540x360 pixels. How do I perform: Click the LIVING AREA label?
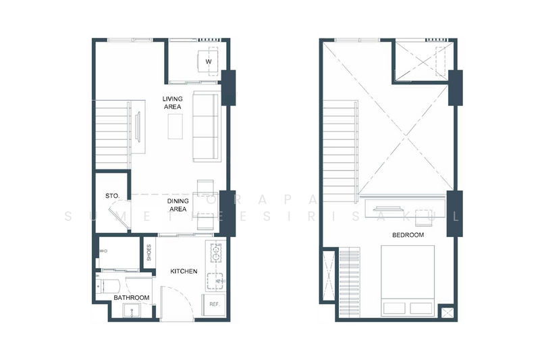click(x=172, y=102)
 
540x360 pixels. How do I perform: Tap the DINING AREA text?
click(x=177, y=205)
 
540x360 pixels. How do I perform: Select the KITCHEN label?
click(x=184, y=272)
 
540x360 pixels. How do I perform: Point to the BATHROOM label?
click(x=131, y=297)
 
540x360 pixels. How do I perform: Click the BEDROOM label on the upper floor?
click(x=408, y=235)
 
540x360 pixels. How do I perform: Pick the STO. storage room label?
click(x=112, y=196)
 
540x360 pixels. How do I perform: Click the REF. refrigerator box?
click(x=215, y=305)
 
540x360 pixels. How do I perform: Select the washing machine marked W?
click(x=208, y=62)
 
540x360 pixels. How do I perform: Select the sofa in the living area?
click(x=206, y=126)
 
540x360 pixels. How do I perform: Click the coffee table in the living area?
click(x=175, y=126)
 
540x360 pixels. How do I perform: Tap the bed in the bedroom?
click(x=408, y=280)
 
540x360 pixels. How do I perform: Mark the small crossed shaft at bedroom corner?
click(x=446, y=313)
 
